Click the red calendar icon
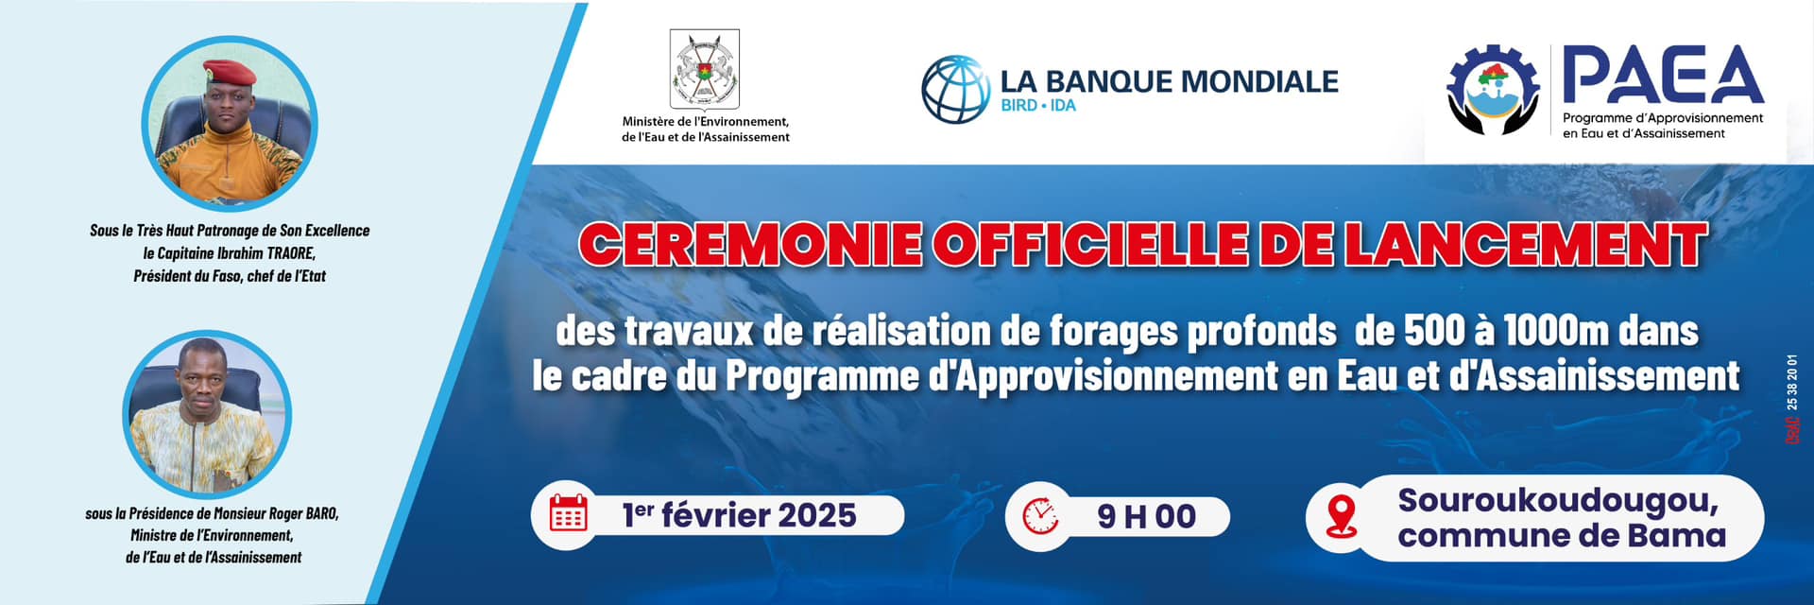(568, 515)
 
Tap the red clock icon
(1040, 516)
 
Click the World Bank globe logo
(955, 90)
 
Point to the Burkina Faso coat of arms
(704, 69)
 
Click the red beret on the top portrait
(229, 71)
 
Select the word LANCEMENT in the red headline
(1525, 244)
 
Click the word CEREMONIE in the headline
(750, 244)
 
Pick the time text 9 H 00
(1146, 516)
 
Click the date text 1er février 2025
(739, 515)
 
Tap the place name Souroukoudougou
(1558, 500)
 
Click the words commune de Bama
(1562, 536)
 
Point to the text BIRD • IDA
(1038, 106)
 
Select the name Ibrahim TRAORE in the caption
(268, 253)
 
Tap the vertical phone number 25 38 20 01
(1792, 383)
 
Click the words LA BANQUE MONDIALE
(1170, 81)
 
